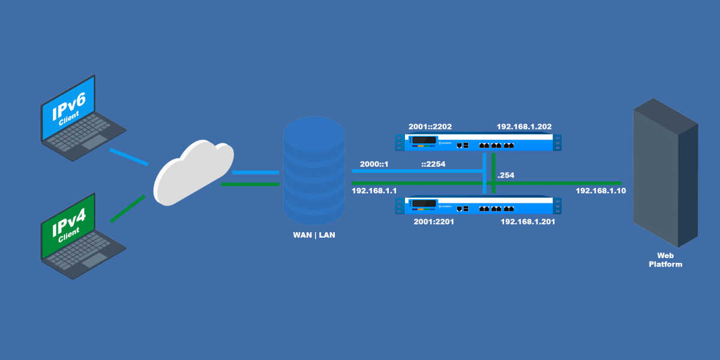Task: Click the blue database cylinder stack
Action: pos(314,171)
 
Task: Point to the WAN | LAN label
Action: pos(314,235)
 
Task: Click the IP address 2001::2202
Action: pos(430,127)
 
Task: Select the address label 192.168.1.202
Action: pos(524,127)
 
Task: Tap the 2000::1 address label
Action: pos(375,164)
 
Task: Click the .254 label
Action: pos(506,175)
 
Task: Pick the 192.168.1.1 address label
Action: pos(374,190)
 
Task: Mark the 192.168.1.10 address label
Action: pos(601,190)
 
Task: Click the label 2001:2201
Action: pos(434,221)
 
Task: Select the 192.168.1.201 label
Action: pos(527,221)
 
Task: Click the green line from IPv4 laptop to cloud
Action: pos(127,209)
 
